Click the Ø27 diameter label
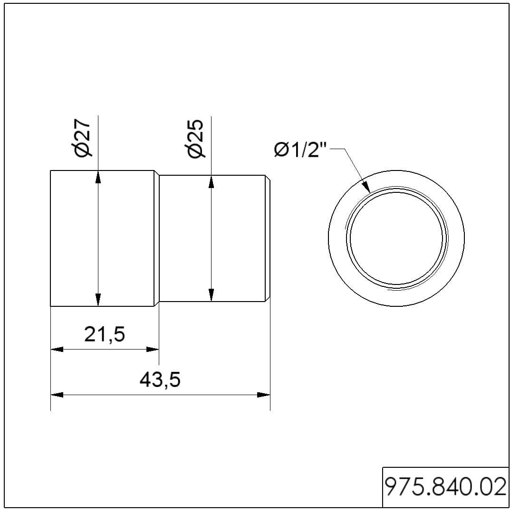click(x=83, y=138)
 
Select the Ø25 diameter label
click(x=196, y=139)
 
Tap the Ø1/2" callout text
click(x=300, y=150)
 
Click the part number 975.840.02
click(x=445, y=487)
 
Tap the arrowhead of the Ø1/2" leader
click(x=366, y=187)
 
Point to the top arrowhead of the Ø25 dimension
click(x=212, y=181)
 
